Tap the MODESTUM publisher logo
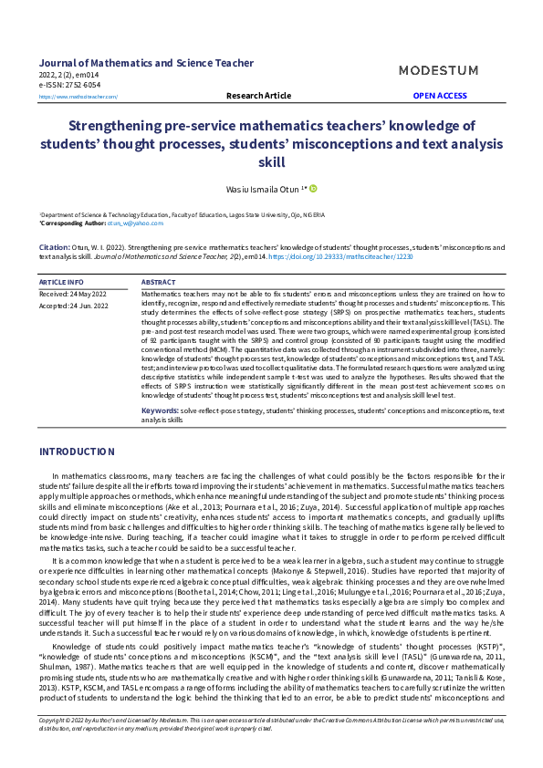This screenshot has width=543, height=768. click(439, 70)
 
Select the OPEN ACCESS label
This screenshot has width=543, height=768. click(439, 95)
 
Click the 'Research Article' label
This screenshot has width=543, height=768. click(258, 95)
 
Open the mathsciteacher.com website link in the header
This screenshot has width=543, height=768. click(78, 96)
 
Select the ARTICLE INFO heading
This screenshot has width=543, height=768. click(61, 283)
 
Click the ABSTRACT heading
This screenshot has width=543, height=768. click(159, 283)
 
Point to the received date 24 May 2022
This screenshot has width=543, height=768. click(73, 295)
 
